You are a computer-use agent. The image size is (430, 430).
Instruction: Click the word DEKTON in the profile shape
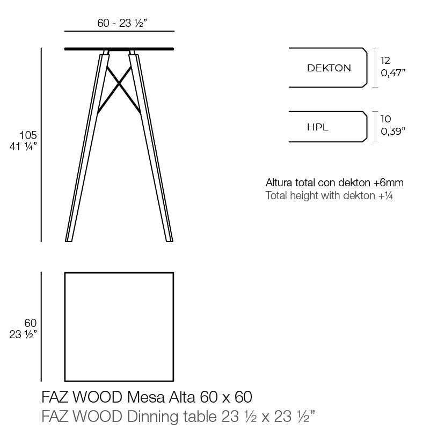[x=329, y=68]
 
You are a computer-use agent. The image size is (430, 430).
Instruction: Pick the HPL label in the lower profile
[x=317, y=127]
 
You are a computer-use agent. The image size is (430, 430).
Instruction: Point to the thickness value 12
[x=385, y=61]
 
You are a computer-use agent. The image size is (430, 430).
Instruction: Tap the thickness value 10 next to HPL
[x=385, y=119]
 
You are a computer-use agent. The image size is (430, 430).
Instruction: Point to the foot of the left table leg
[x=69, y=239]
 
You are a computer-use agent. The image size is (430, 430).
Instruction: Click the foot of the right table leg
[x=169, y=239]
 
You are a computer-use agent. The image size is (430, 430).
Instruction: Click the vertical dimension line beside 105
[x=42, y=145]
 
